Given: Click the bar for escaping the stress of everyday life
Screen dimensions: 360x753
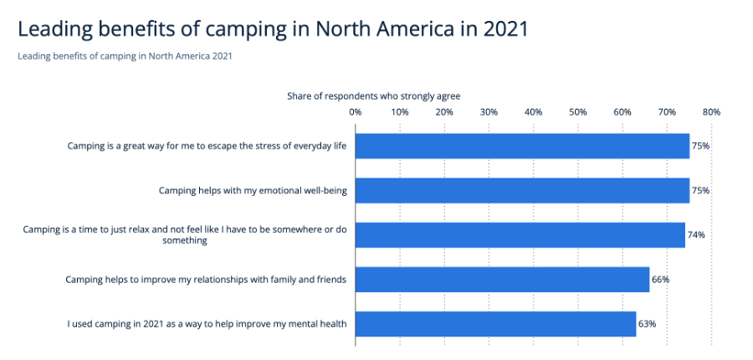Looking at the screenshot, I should point(522,146).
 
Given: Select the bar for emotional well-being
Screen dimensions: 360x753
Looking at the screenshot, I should point(522,190).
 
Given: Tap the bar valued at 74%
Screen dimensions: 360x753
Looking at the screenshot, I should point(520,235).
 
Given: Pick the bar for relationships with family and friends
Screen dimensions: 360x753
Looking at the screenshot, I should point(502,280).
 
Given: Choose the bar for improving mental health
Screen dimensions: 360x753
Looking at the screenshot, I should point(495,324).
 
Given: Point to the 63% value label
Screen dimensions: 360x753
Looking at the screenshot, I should point(648,324).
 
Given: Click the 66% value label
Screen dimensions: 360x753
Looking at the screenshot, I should point(661,280).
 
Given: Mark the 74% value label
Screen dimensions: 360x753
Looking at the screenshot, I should point(696,235).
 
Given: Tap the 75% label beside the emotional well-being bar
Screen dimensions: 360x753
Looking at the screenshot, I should point(700,190).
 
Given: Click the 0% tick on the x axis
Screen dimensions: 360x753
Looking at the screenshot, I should point(355,111).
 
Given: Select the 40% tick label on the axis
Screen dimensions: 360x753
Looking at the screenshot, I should point(533,111).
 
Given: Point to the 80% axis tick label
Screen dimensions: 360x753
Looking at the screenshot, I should point(711,111).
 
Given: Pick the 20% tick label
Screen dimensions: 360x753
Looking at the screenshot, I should point(444,111).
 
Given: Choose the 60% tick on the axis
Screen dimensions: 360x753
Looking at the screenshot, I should point(622,111).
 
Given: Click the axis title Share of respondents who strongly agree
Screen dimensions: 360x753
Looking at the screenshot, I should point(373,96).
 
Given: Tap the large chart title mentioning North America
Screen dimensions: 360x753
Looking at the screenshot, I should point(273,29).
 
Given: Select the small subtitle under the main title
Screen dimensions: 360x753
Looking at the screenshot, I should point(125,56).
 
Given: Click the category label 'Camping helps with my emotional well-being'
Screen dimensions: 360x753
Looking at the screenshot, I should point(253,191).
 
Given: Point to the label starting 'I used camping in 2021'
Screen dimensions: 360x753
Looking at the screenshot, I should point(207,324).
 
